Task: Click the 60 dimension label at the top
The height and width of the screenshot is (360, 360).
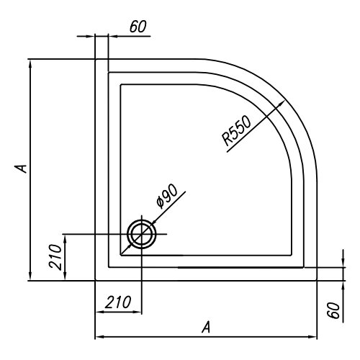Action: pos(138,27)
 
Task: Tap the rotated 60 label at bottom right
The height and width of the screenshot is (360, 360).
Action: pos(334,310)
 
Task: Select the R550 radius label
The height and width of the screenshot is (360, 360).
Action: pos(236,130)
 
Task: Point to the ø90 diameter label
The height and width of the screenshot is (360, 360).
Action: pos(167,196)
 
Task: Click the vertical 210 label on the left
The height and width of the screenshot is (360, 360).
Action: pos(55,257)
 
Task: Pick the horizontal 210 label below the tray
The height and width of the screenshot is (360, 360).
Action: pos(118,302)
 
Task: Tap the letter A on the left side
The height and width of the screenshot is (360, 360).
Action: pos(22,168)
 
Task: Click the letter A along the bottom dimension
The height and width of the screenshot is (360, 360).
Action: pos(206,328)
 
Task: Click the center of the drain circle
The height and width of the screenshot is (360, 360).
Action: pos(142,233)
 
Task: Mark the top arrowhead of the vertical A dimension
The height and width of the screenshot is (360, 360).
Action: pos(30,63)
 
